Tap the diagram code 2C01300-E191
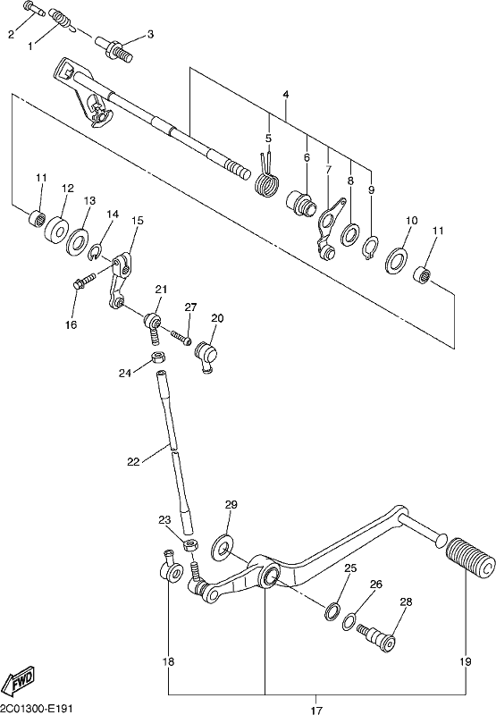click(x=36, y=708)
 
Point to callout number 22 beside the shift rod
click(x=133, y=461)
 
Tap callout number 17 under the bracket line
click(x=316, y=709)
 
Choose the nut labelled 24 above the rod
click(x=157, y=357)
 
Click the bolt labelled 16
click(x=84, y=280)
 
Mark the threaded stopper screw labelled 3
click(x=114, y=49)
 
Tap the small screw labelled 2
click(x=33, y=9)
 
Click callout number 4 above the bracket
click(x=286, y=95)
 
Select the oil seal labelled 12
click(x=56, y=228)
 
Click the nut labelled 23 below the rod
click(x=190, y=545)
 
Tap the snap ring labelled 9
click(x=371, y=248)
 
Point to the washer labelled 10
click(x=397, y=261)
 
